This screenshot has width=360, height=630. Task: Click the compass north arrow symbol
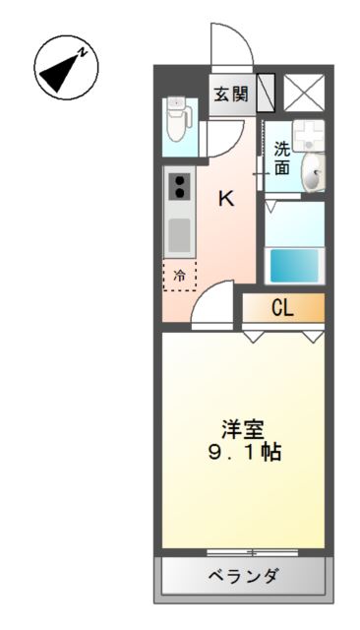click(x=66, y=69)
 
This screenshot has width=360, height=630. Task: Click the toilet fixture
click(x=178, y=119)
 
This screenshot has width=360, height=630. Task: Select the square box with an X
click(x=301, y=94)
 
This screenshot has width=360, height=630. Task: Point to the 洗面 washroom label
click(x=282, y=158)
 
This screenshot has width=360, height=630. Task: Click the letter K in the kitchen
click(x=225, y=198)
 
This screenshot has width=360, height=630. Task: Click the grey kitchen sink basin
click(x=179, y=235)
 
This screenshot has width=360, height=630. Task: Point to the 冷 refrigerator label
click(x=179, y=276)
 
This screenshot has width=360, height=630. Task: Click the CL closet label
click(x=282, y=308)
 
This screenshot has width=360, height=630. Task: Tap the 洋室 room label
click(x=243, y=429)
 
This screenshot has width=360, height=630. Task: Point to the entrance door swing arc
click(x=229, y=44)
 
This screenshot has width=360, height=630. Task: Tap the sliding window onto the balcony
click(x=253, y=552)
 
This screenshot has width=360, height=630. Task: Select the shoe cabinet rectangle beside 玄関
click(x=266, y=93)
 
